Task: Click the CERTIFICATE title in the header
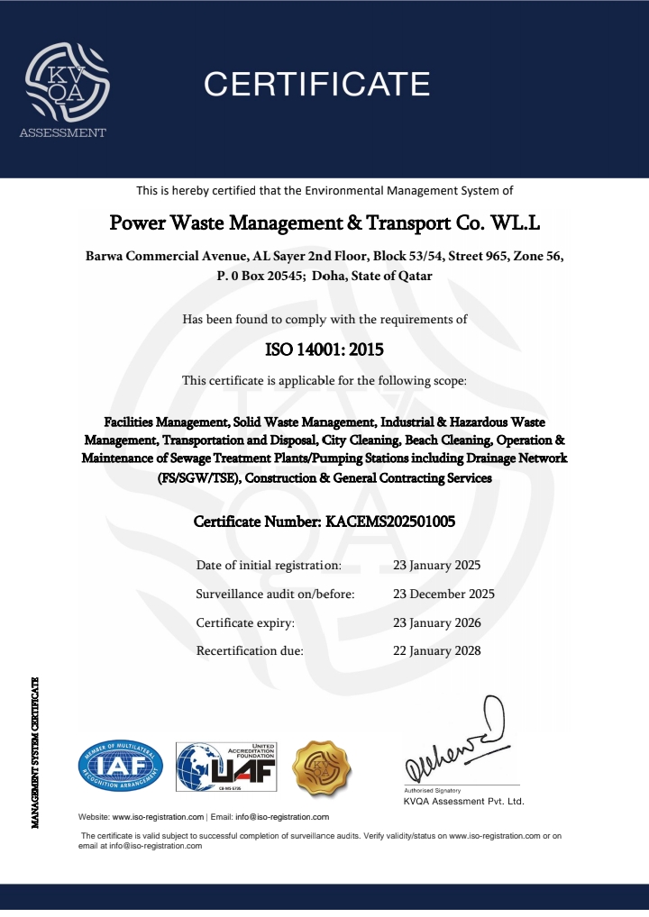(x=316, y=84)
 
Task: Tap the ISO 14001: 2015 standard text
(x=324, y=349)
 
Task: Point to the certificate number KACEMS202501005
(x=324, y=522)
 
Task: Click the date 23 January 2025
(x=437, y=566)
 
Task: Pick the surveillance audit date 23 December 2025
(x=443, y=595)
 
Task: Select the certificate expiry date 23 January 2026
(x=437, y=622)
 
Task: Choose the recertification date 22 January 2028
(x=437, y=650)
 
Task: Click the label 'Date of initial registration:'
(x=269, y=566)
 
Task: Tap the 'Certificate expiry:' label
(x=245, y=622)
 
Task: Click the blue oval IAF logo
(x=121, y=767)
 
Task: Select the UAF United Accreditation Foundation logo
(x=226, y=767)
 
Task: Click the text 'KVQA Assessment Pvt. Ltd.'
(x=463, y=801)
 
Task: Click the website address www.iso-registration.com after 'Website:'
(x=158, y=817)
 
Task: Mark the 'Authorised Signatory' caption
(x=426, y=789)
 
